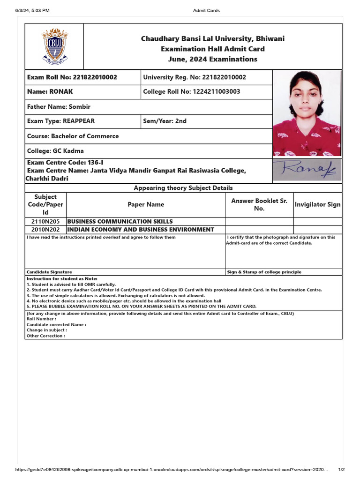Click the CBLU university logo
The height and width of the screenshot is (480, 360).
point(54,46)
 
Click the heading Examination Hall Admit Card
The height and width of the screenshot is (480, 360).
point(212,49)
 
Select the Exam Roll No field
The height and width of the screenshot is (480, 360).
point(72,77)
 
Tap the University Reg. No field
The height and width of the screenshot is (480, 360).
point(194,77)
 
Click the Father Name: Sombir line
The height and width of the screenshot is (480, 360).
point(59,107)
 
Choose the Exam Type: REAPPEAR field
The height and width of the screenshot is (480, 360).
point(61,121)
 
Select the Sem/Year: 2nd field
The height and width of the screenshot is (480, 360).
point(165,121)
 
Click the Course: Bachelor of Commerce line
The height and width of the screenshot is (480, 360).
point(73,136)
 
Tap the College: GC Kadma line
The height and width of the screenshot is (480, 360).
point(55,151)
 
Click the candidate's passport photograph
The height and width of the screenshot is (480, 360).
point(307,113)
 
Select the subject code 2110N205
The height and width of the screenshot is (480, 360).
point(45,221)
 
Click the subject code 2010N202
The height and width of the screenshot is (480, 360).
point(45,230)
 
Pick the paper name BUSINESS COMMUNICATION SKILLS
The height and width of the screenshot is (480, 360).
point(120,221)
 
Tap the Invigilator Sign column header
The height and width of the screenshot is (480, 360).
point(317,204)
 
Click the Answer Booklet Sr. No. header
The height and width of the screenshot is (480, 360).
point(259,204)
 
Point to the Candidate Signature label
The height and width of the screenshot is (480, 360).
point(49,272)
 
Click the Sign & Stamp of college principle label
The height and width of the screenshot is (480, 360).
point(264,272)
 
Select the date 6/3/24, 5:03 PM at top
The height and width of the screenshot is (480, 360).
point(32,10)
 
